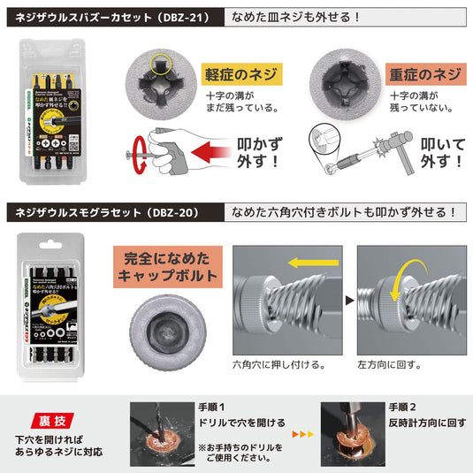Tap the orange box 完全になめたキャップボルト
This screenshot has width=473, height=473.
[165, 267]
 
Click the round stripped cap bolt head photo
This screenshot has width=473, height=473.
[165, 328]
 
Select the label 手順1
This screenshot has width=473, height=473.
[214, 407]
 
